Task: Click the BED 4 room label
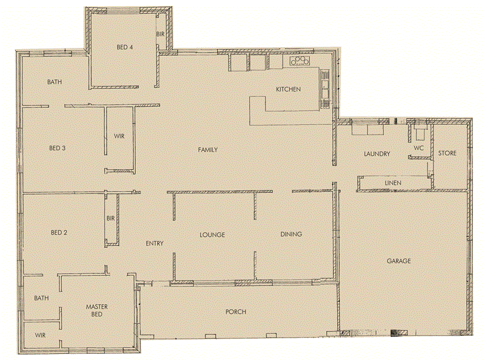click(125, 47)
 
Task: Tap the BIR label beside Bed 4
click(160, 35)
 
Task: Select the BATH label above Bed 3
click(56, 81)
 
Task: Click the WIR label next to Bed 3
click(119, 136)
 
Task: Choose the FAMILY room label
click(207, 150)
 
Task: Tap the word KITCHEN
click(288, 90)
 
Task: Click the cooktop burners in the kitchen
click(299, 61)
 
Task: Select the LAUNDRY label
click(376, 155)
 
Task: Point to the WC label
click(418, 148)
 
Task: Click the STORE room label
click(447, 153)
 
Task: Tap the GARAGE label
click(399, 261)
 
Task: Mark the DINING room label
click(291, 235)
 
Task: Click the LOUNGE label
click(213, 235)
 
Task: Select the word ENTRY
click(155, 244)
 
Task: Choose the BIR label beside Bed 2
click(110, 218)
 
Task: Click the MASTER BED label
click(96, 310)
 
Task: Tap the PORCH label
click(235, 312)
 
